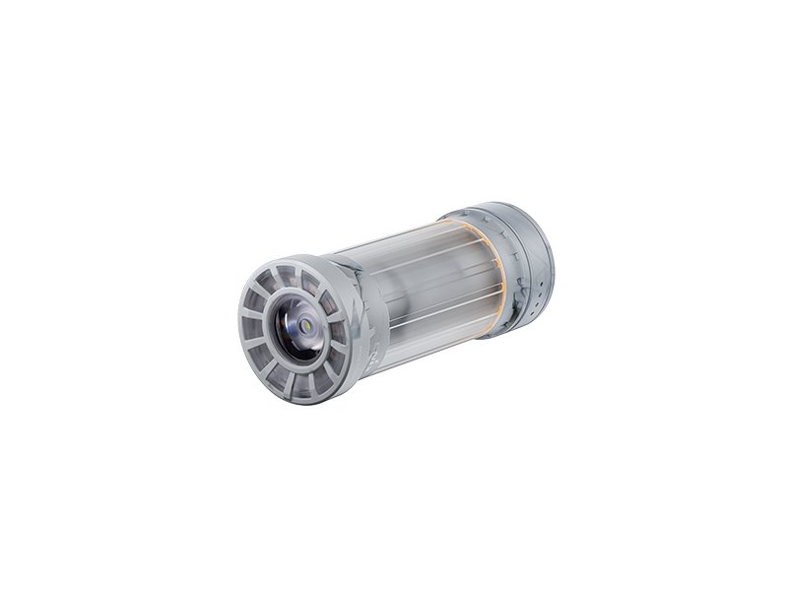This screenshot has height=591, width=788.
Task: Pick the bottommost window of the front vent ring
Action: [298, 386]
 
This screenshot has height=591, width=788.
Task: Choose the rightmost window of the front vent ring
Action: [339, 330]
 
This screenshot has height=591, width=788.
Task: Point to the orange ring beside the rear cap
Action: [500, 281]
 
